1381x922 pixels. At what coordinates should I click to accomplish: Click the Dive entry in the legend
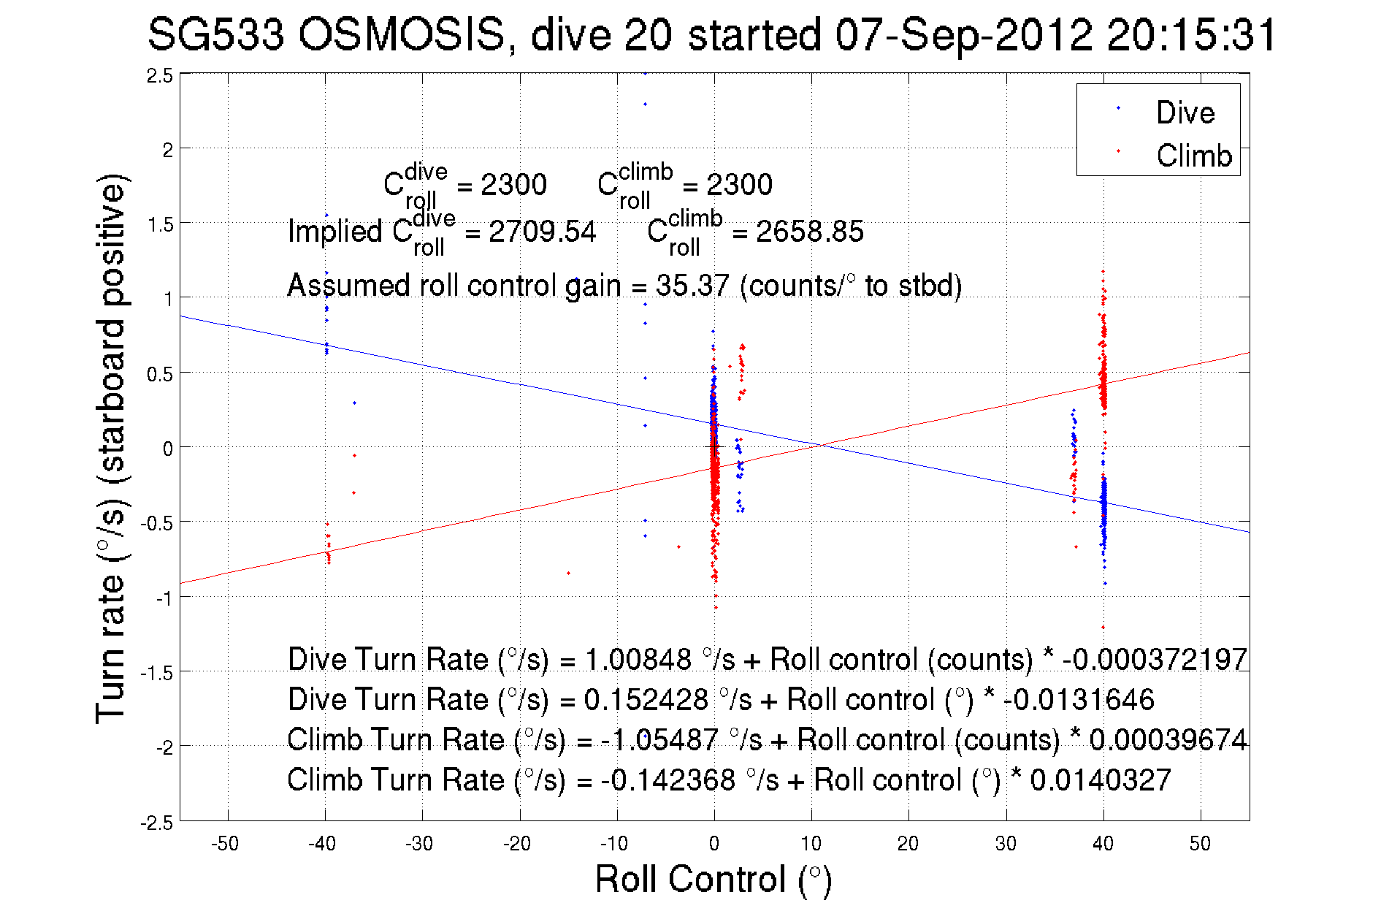click(x=1185, y=113)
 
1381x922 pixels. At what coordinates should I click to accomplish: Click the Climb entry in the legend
click(x=1193, y=156)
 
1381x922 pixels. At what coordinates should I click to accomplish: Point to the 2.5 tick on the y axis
click(x=159, y=76)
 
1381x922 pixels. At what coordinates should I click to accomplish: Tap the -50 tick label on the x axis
click(x=225, y=844)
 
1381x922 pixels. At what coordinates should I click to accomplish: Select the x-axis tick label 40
click(x=1103, y=844)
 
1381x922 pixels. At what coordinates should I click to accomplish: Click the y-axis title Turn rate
click(x=111, y=449)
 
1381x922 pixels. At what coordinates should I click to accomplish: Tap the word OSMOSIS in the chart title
click(x=402, y=35)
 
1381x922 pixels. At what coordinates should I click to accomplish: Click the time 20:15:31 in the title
click(x=1191, y=35)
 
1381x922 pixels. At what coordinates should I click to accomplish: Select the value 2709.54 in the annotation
click(x=542, y=232)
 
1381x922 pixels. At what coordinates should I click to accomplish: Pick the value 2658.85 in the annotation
click(x=809, y=232)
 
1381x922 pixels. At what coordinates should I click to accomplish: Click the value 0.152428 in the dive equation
click(x=646, y=700)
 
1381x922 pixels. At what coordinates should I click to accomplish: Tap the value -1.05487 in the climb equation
click(x=659, y=740)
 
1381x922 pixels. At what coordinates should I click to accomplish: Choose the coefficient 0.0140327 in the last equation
click(x=1100, y=780)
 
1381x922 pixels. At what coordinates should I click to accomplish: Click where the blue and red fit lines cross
click(x=821, y=445)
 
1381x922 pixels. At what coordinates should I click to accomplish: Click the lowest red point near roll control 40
click(x=1103, y=628)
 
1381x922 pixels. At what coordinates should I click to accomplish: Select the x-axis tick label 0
click(x=714, y=844)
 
